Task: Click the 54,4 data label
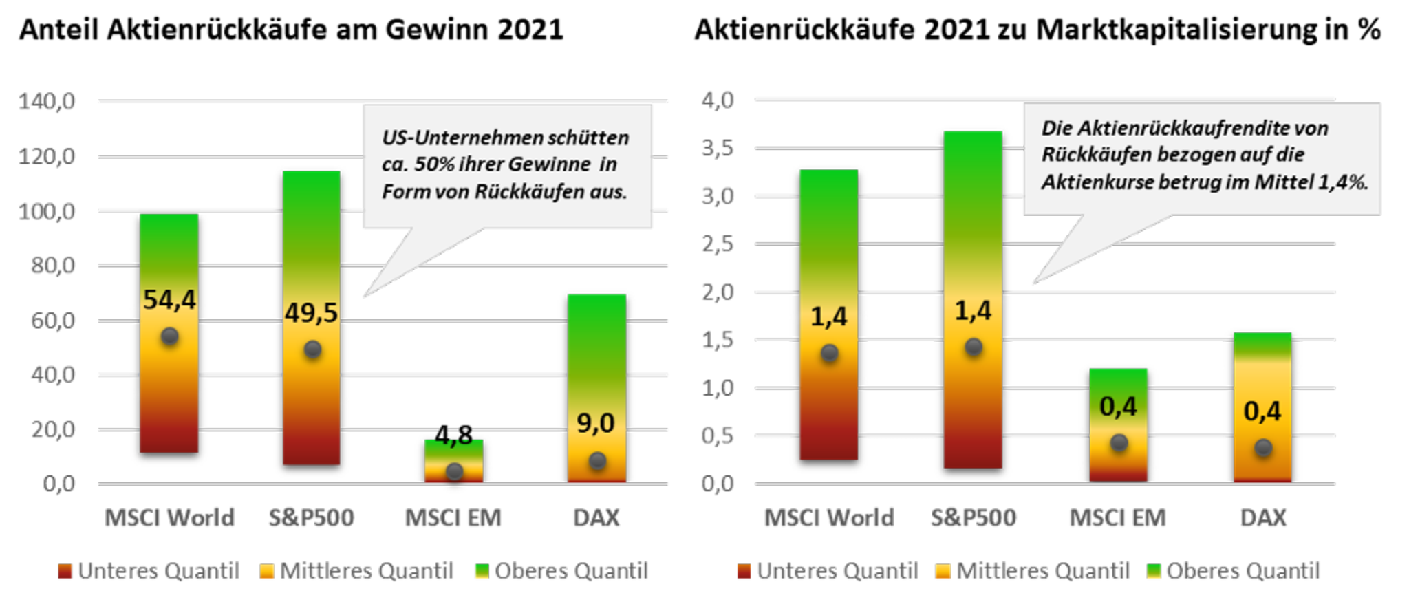[x=169, y=300]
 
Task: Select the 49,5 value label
[x=312, y=313]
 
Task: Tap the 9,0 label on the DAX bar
[x=595, y=423]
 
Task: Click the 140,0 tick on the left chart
[x=47, y=102]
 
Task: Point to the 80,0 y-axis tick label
[x=52, y=266]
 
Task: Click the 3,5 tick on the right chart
[x=718, y=148]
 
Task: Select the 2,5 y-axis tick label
[x=718, y=244]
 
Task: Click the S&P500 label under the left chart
[x=311, y=517]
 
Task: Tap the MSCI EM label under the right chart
[x=1117, y=517]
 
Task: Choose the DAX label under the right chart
[x=1262, y=517]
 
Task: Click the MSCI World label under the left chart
[x=169, y=517]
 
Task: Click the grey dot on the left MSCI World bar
[x=169, y=336]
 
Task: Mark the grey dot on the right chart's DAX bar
[x=1262, y=448]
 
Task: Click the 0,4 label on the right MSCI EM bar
[x=1118, y=407]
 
